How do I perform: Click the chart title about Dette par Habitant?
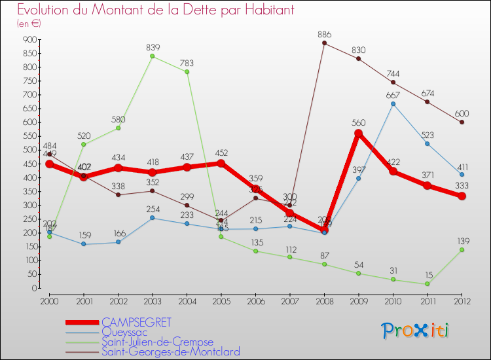pos(155,10)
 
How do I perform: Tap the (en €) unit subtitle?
pos(29,24)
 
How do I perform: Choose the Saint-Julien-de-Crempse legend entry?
pos(157,342)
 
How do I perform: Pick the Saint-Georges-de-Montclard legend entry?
pos(170,352)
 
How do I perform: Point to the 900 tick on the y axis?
pos(29,40)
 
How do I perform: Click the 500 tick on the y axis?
pos(29,150)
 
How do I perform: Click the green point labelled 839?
pos(153,56)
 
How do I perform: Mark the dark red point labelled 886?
pos(324,43)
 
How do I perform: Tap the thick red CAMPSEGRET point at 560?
pos(359,134)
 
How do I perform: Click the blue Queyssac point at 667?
pos(393,103)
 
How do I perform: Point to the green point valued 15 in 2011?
pos(427,283)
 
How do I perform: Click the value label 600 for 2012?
pos(462,113)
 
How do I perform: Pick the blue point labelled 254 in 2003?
pos(153,218)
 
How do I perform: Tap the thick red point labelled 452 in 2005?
pos(221,163)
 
